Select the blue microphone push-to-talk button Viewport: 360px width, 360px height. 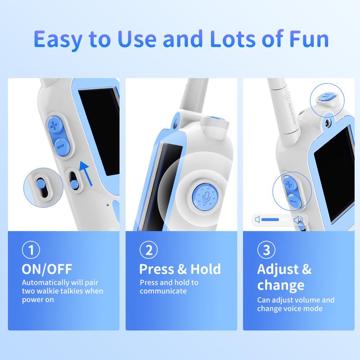(x=205, y=197)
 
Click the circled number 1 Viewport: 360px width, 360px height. (x=31, y=250)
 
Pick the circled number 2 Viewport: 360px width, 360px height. (x=148, y=250)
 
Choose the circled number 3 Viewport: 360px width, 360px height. (x=266, y=250)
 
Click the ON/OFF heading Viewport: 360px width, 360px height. (x=47, y=269)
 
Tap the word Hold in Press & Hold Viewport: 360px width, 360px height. (x=206, y=269)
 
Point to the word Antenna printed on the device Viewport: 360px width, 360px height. (x=292, y=113)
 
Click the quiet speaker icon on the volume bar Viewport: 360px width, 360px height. (x=257, y=220)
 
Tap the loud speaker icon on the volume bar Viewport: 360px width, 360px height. (x=298, y=220)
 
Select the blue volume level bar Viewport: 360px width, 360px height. (x=270, y=220)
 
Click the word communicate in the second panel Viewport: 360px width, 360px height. (x=163, y=291)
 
